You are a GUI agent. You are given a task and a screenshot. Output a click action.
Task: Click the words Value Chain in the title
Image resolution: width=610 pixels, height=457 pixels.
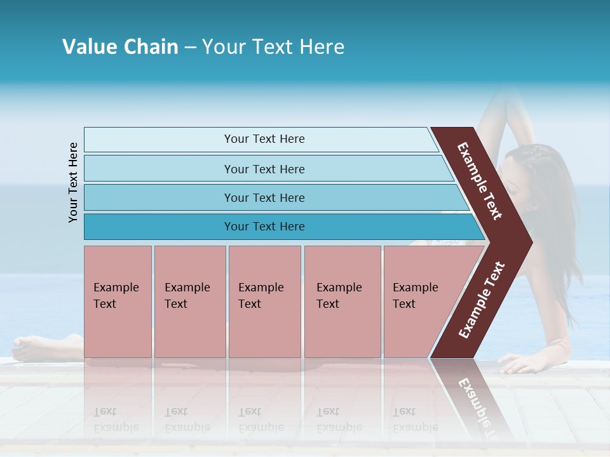[120, 47]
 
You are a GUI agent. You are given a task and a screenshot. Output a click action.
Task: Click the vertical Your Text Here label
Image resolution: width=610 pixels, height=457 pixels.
[73, 182]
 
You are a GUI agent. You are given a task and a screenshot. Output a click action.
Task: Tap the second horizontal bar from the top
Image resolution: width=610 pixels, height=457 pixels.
[264, 169]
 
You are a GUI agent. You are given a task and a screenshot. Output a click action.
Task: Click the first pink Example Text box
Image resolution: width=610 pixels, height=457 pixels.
[118, 301]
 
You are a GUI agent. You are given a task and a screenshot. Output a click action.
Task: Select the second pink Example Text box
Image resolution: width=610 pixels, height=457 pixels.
[189, 301]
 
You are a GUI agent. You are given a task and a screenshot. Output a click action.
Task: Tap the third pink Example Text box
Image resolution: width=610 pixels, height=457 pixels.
[264, 301]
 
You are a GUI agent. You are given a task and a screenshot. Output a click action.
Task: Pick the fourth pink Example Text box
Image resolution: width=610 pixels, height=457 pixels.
[342, 301]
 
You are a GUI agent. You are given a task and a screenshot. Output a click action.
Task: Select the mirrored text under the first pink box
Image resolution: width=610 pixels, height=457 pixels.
[116, 420]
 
